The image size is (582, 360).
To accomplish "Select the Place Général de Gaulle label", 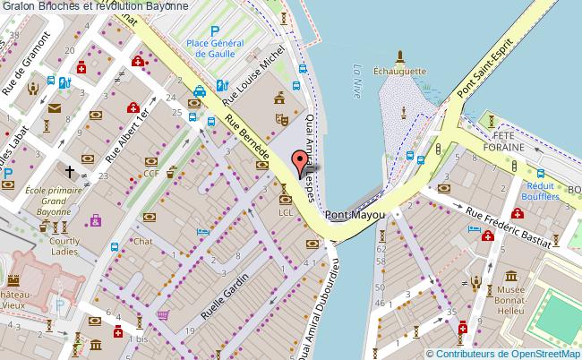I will (x=215, y=47).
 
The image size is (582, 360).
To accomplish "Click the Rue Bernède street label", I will (x=247, y=140).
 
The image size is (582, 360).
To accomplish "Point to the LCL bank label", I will (x=286, y=213).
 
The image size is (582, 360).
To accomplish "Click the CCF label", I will (x=151, y=174).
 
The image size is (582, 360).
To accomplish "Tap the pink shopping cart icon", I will (x=162, y=314).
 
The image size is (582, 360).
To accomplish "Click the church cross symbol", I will (x=68, y=170).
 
